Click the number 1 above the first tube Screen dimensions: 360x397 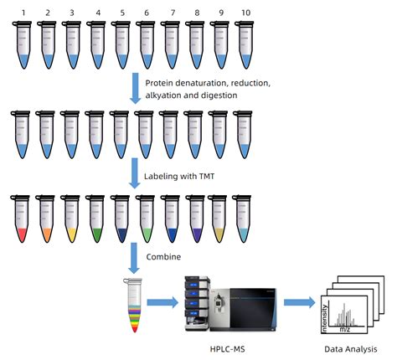pyautogui.click(x=23, y=13)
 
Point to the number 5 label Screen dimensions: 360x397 pyautogui.click(x=122, y=13)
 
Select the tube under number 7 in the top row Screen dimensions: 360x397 pyautogui.click(x=172, y=46)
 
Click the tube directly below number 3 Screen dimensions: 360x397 pyautogui.click(x=72, y=46)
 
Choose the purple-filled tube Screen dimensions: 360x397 pyautogui.click(x=197, y=219)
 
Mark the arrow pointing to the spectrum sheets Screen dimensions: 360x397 pyautogui.click(x=297, y=300)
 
